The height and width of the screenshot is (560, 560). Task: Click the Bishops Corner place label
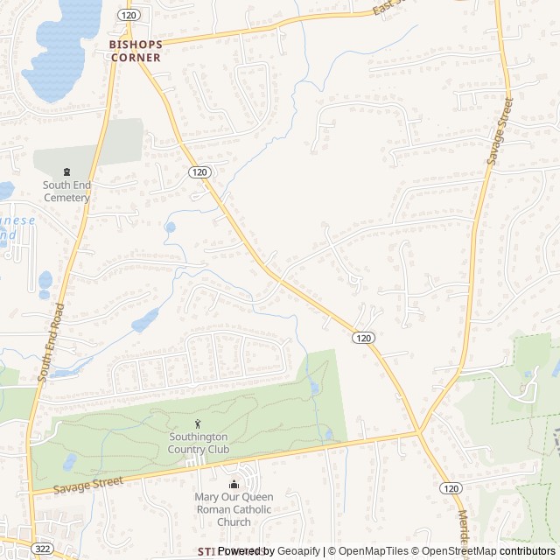135,50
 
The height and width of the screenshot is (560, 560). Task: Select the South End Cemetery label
66,191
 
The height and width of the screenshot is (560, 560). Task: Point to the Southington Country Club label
198,443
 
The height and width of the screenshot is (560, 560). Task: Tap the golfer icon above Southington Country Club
198,424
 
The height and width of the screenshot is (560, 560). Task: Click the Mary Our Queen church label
234,509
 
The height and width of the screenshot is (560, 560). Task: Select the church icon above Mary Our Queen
234,485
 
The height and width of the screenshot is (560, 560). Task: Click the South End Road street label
52,342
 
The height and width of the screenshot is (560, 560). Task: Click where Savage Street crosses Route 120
419,432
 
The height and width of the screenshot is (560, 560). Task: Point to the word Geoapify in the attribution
297,551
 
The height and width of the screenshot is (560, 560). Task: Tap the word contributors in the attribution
528,551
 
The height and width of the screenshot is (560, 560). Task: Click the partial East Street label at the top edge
385,9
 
